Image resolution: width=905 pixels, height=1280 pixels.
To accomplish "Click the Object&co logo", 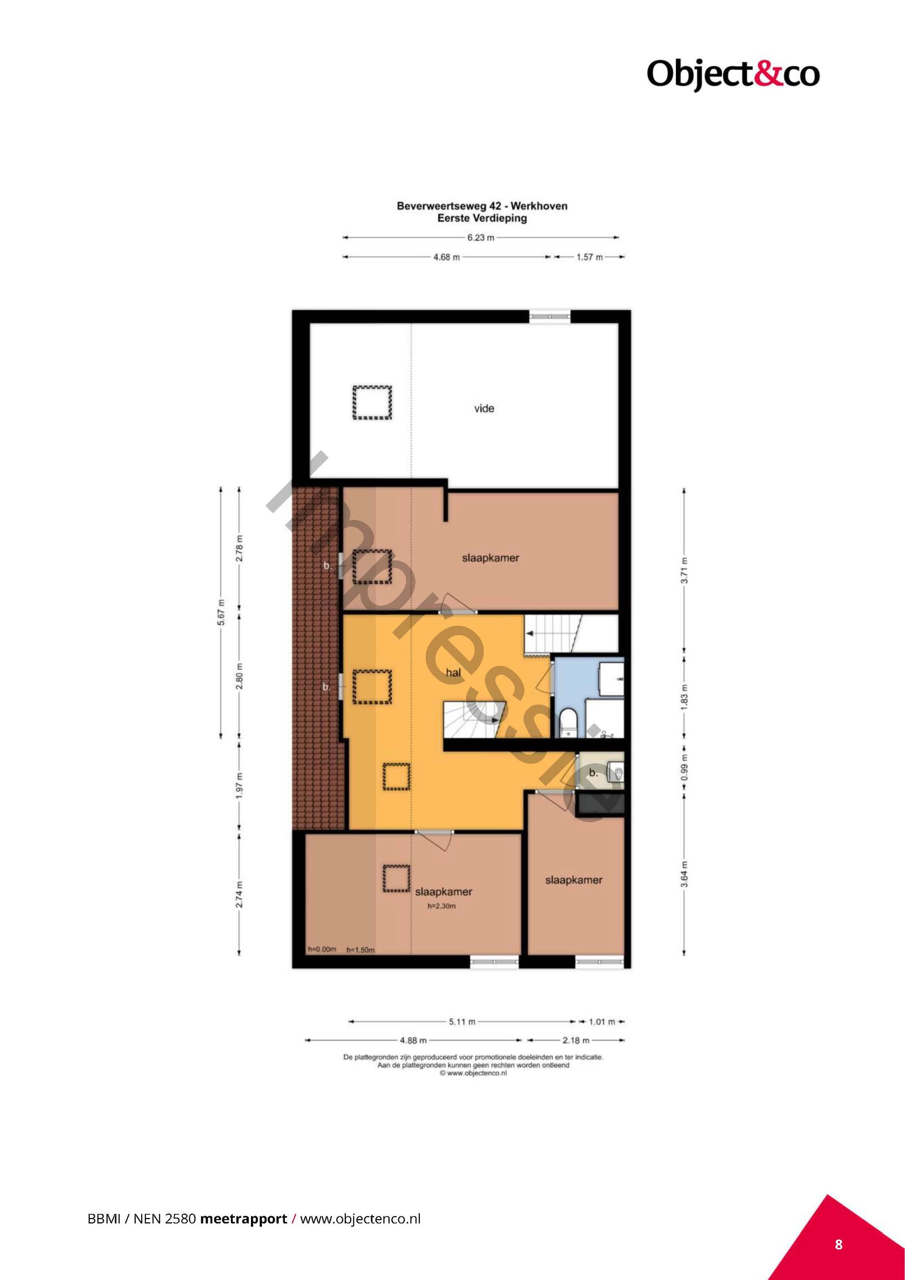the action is pyautogui.click(x=733, y=74).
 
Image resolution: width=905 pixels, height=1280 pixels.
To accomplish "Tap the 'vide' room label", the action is pyautogui.click(x=484, y=409).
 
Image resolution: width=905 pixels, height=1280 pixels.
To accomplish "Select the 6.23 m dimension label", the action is pyautogui.click(x=481, y=238).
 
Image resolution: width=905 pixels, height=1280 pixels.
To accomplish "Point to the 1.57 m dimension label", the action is pyautogui.click(x=590, y=257).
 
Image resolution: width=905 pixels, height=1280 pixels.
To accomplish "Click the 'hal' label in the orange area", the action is pyautogui.click(x=453, y=673).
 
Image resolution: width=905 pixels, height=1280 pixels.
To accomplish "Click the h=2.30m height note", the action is pyautogui.click(x=441, y=906).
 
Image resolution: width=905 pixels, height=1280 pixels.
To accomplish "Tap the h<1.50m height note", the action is pyautogui.click(x=361, y=950).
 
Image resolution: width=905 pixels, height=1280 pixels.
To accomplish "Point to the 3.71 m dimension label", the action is pyautogui.click(x=685, y=570).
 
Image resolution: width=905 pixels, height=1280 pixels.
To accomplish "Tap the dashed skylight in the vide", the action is pyautogui.click(x=372, y=402).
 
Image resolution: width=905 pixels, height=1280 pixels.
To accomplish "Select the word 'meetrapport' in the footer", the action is pyautogui.click(x=243, y=1219).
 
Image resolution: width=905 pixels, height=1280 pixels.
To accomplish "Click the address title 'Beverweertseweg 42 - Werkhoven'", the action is pyautogui.click(x=482, y=206).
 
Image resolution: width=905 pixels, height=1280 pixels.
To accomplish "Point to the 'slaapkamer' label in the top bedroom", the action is pyautogui.click(x=490, y=557).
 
